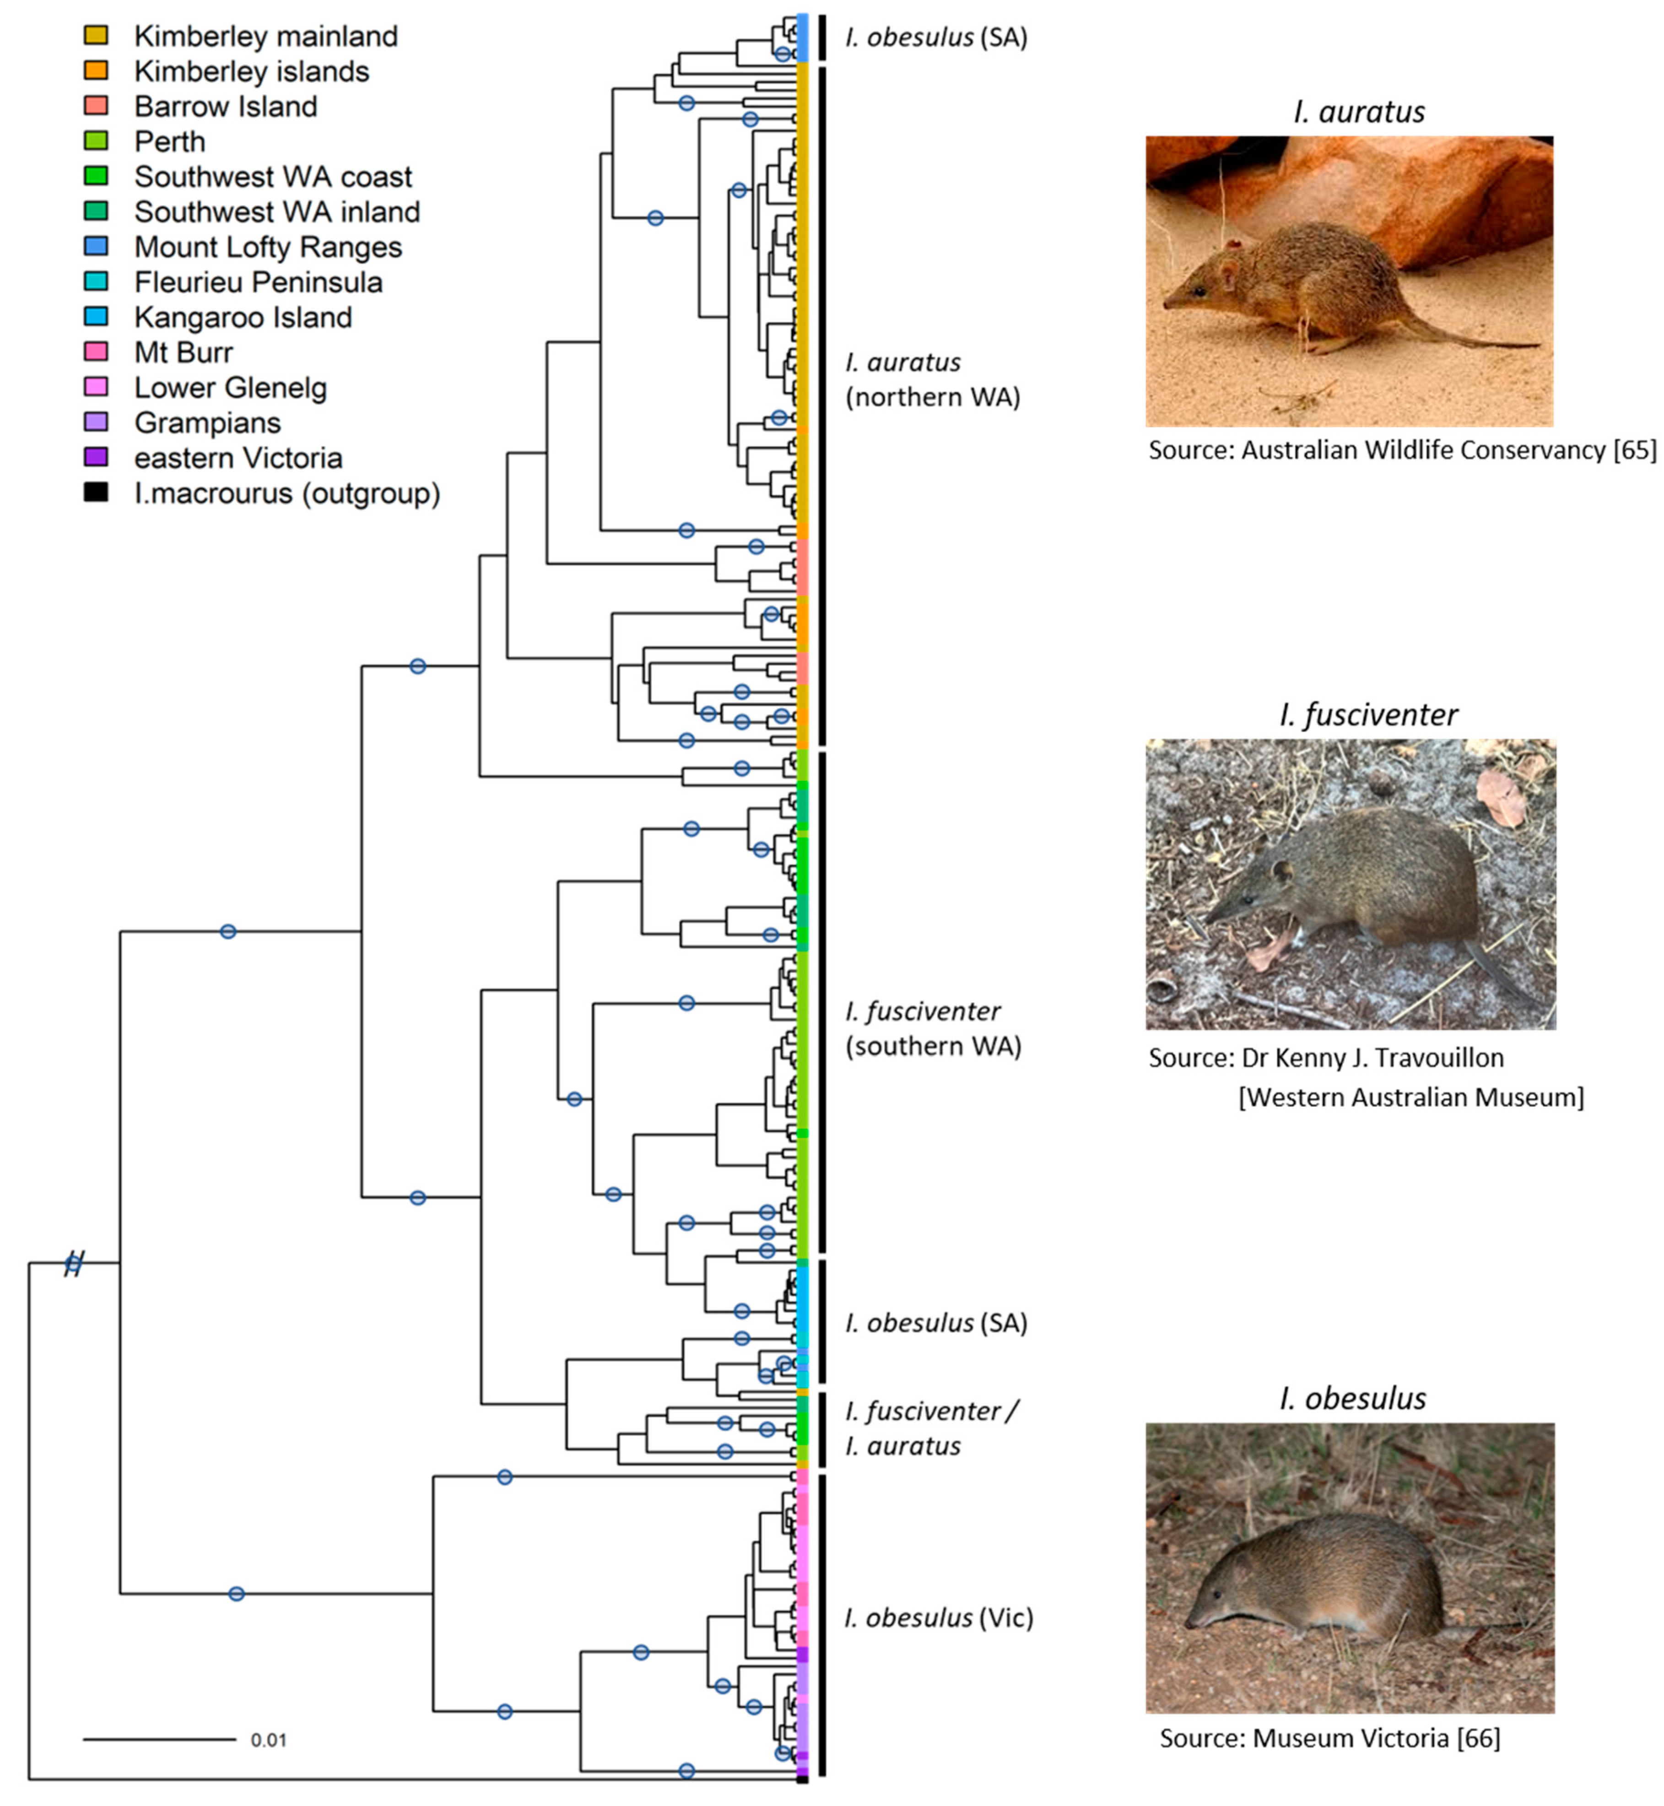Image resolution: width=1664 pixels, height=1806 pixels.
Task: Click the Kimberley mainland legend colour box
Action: click(96, 35)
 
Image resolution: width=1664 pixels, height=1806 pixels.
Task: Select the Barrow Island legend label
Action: click(225, 106)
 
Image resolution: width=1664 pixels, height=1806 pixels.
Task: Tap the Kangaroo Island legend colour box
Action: click(96, 316)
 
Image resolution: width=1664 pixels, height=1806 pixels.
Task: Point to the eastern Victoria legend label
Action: click(238, 458)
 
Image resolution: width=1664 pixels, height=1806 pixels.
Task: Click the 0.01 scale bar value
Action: click(268, 1739)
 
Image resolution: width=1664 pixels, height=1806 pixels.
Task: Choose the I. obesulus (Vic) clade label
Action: click(938, 1618)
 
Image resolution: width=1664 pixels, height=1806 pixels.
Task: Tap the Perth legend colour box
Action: click(96, 141)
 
